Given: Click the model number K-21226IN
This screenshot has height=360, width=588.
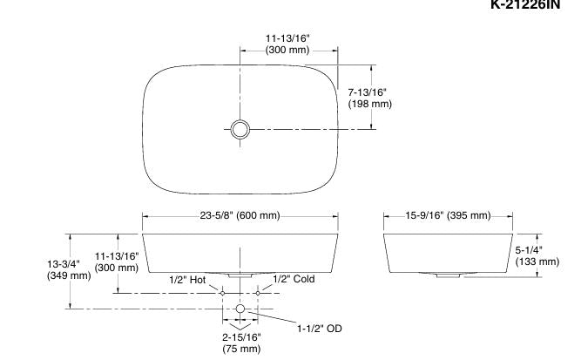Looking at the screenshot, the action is tap(525, 4).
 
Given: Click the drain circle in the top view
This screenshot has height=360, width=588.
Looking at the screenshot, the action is tap(240, 129).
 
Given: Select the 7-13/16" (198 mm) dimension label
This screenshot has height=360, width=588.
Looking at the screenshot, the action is tap(369, 98).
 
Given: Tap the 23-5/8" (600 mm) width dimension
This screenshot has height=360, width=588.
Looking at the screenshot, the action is tap(240, 215).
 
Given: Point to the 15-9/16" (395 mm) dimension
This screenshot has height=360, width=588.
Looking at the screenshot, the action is tap(448, 215).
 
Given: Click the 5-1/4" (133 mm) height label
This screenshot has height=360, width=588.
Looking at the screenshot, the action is tap(537, 256).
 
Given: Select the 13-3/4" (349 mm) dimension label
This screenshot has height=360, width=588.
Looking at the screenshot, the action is tap(69, 270).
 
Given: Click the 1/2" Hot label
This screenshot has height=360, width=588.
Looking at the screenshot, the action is tap(187, 280).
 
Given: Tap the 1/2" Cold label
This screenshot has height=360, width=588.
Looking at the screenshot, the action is tap(294, 279).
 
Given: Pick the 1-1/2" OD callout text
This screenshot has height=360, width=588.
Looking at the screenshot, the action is tap(320, 329).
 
